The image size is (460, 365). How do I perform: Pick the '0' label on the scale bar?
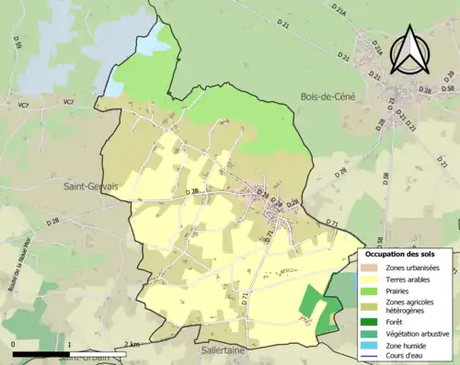click(13, 345)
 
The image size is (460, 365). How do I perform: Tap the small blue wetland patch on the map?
click(113, 87)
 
